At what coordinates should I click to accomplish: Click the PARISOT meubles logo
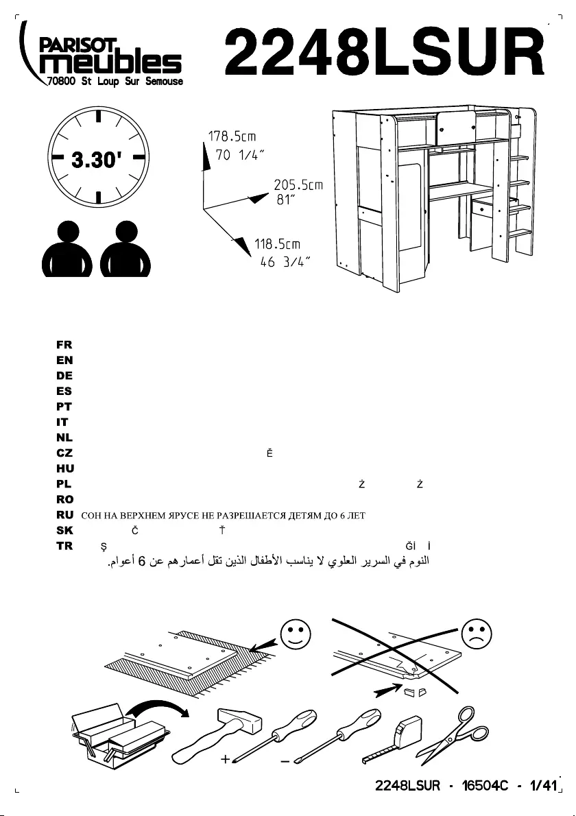click(103, 58)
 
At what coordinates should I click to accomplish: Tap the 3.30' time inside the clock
click(98, 160)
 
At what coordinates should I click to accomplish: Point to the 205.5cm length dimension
click(298, 185)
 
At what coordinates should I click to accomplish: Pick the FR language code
click(64, 345)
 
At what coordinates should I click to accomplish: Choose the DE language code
click(64, 376)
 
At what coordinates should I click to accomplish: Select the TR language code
click(64, 546)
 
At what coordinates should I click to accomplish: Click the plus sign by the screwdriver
click(225, 761)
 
